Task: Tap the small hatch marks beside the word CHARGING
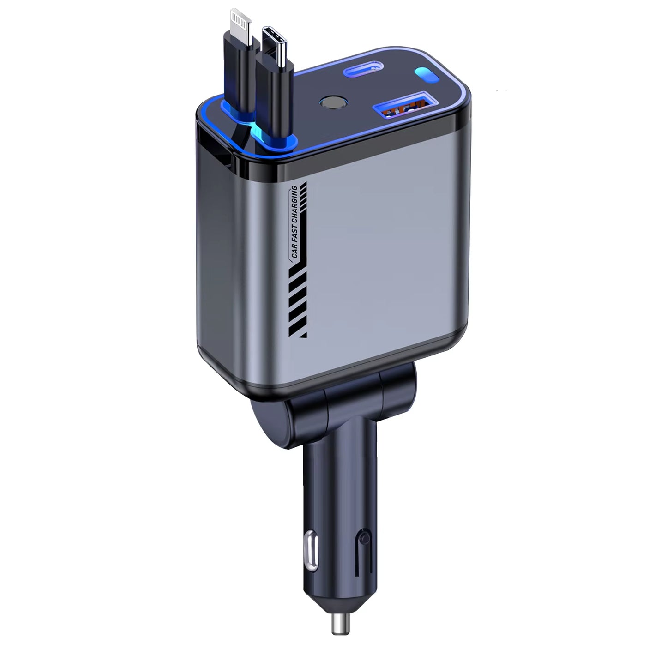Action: click(x=304, y=198)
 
